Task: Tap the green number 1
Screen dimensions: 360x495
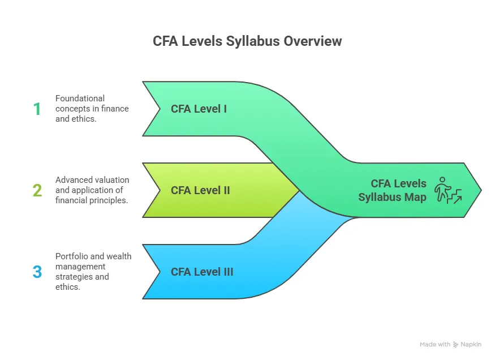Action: (x=37, y=109)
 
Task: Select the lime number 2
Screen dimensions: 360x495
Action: (x=37, y=190)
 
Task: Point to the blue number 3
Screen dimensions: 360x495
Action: (x=37, y=272)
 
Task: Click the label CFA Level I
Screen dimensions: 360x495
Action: (x=199, y=109)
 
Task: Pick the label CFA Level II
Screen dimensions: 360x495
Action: (x=200, y=190)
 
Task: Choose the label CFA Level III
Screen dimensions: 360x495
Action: (x=202, y=272)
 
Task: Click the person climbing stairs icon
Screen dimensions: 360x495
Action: (x=447, y=190)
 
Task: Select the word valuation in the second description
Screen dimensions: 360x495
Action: (x=112, y=180)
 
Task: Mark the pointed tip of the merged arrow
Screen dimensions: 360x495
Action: (x=481, y=190)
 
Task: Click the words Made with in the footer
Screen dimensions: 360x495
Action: (x=435, y=344)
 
